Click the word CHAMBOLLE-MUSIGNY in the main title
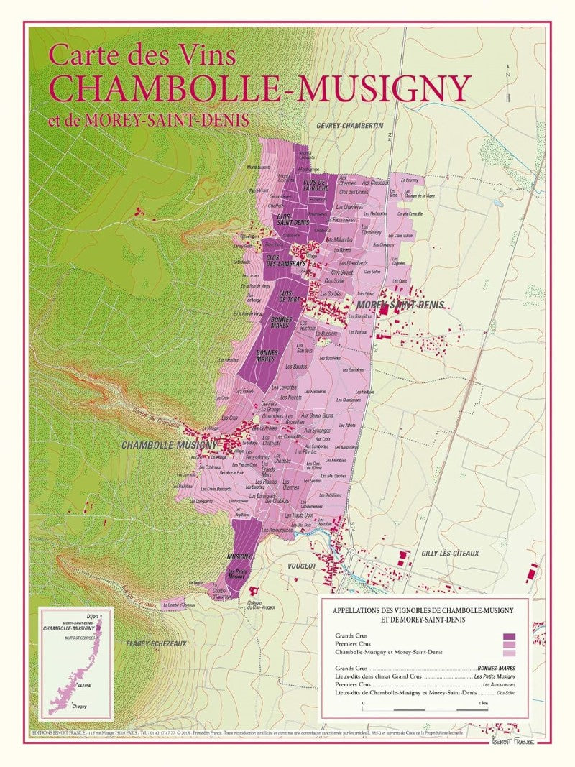(259, 88)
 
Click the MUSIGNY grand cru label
(238, 557)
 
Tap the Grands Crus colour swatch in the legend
(510, 636)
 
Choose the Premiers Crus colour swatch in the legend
(510, 644)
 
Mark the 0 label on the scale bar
(364, 702)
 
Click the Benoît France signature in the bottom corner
(512, 740)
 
